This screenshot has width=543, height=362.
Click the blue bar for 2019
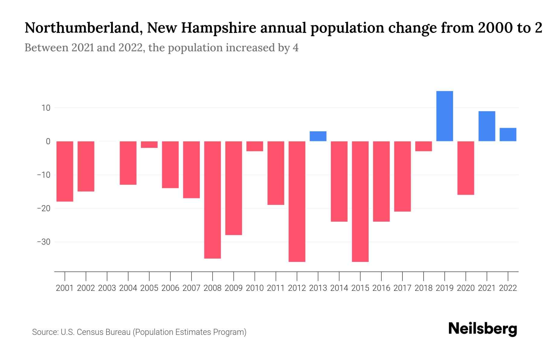[445, 116]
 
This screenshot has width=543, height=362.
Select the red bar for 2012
[297, 201]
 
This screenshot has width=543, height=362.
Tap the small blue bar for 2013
[318, 136]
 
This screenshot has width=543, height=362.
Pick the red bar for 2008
[212, 200]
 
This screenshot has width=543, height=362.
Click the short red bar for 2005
[149, 144]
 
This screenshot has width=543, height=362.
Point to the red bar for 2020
[466, 168]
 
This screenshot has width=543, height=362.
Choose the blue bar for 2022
[508, 135]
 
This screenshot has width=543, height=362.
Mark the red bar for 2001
[65, 171]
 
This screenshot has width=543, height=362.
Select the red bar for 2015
[360, 201]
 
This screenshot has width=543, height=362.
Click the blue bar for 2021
[487, 126]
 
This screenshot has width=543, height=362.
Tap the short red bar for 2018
[424, 146]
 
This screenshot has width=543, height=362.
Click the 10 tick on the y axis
[44, 108]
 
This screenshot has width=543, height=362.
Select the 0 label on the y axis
[48, 141]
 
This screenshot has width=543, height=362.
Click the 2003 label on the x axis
[107, 288]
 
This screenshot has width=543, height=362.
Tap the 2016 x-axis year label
[381, 288]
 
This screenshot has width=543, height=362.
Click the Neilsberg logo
[483, 329]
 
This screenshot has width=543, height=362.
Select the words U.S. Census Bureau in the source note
[96, 332]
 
